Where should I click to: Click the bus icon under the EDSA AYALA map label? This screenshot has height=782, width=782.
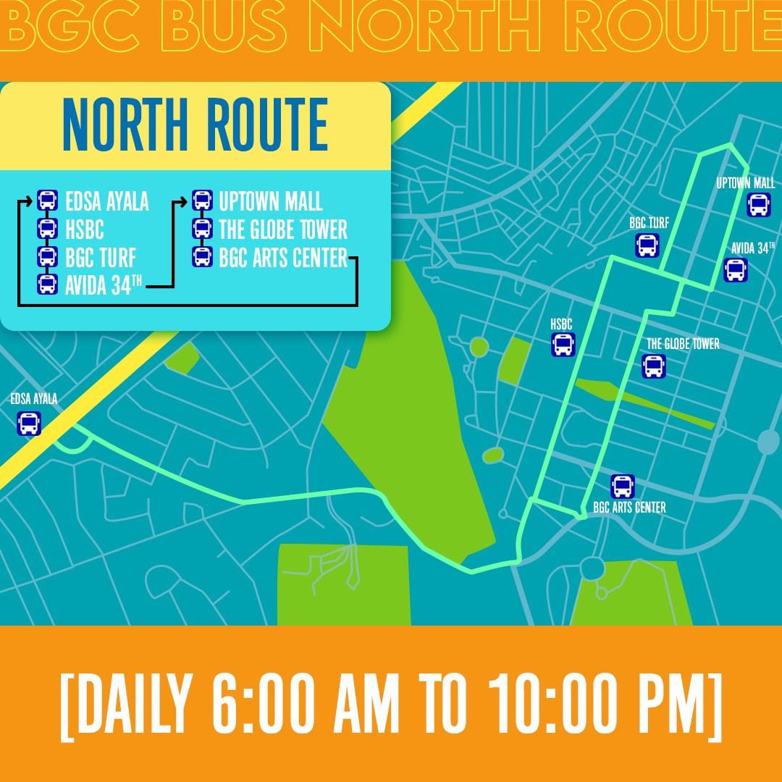pos(29,423)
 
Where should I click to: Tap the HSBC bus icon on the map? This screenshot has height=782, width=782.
pos(563,345)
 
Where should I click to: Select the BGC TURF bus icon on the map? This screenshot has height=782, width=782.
pos(647,245)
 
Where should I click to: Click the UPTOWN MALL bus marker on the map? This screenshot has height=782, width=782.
pos(757,205)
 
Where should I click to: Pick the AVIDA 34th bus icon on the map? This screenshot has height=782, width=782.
pos(735,270)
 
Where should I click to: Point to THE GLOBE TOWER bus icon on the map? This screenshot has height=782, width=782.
pos(653,366)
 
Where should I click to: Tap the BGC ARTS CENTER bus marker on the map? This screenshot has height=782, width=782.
pos(622,486)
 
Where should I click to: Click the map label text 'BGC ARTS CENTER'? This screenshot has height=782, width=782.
pos(628,508)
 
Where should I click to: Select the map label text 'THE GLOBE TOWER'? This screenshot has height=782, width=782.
pos(683,345)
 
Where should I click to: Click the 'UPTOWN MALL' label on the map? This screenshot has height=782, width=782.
pos(745,183)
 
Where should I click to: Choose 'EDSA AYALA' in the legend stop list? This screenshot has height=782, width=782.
pos(106,201)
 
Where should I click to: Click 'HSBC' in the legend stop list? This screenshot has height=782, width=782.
pos(84,230)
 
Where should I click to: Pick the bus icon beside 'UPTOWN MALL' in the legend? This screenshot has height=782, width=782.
pos(202,201)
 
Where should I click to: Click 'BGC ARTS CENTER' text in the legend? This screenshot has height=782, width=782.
pos(283,258)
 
